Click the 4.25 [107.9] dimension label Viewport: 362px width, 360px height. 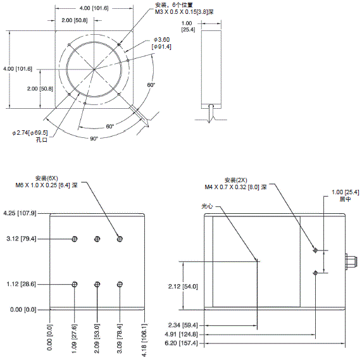click(21, 213)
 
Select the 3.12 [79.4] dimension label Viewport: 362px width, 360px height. click(21, 239)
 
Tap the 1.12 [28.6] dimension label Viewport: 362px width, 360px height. click(21, 284)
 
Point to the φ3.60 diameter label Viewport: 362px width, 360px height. click(162, 40)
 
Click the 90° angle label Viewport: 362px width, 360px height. click(93, 138)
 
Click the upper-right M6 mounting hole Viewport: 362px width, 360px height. click(120, 239)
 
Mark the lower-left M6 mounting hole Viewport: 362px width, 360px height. click(75, 284)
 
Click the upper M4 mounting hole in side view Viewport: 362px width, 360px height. click(316, 251)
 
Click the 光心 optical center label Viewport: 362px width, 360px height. click(208, 206)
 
